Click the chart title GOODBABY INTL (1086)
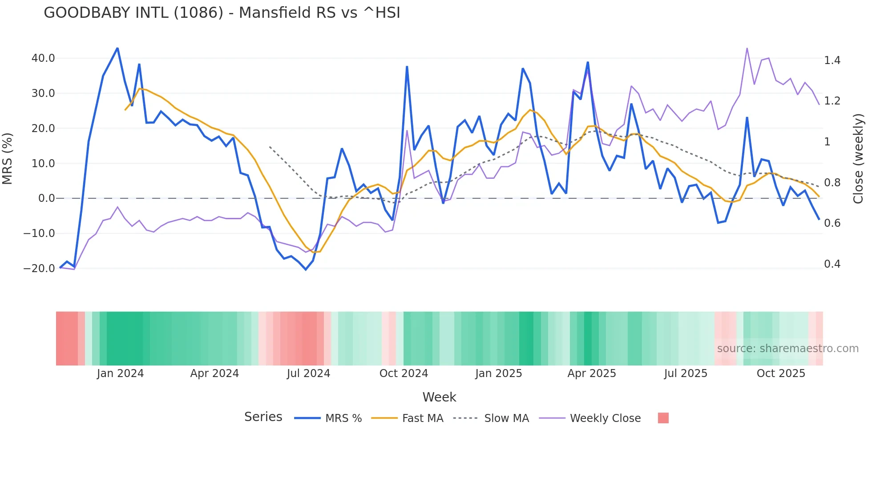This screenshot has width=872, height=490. (222, 13)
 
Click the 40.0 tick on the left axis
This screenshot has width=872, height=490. (43, 58)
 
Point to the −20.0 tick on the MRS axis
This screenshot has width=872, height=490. (39, 269)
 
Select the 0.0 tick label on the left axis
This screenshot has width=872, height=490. (46, 198)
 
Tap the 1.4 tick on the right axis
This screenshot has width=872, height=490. (832, 60)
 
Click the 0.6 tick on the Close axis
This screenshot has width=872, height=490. (832, 223)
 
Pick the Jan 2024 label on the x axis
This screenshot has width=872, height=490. (120, 374)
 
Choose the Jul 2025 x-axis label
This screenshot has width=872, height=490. (686, 374)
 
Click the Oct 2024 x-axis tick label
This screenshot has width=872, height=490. (404, 374)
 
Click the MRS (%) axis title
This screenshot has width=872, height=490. (8, 159)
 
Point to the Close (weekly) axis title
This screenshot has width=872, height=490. (858, 159)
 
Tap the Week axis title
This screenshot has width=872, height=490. (439, 397)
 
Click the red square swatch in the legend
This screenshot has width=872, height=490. (663, 418)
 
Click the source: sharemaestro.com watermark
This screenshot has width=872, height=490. (787, 349)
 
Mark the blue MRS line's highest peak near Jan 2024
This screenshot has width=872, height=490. (117, 48)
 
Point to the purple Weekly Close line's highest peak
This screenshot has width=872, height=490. (747, 48)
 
